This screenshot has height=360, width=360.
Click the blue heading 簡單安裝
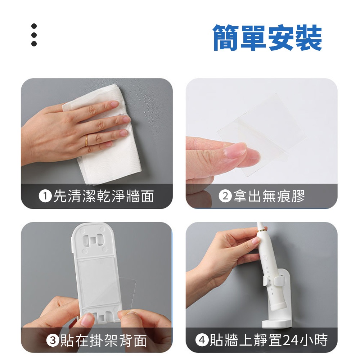point(267,38)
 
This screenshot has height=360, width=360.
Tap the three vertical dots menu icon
point(34,35)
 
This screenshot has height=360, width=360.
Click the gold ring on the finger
point(86,140)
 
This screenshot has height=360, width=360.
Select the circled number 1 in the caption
point(45,196)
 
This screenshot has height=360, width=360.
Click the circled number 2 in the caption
point(225,196)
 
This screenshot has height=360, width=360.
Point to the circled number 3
point(53,340)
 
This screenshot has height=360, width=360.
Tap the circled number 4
point(202,340)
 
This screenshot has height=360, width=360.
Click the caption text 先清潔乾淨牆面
point(103,196)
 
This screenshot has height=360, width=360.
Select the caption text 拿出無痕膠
point(269,196)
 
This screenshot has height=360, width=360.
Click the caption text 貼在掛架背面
point(103,340)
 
